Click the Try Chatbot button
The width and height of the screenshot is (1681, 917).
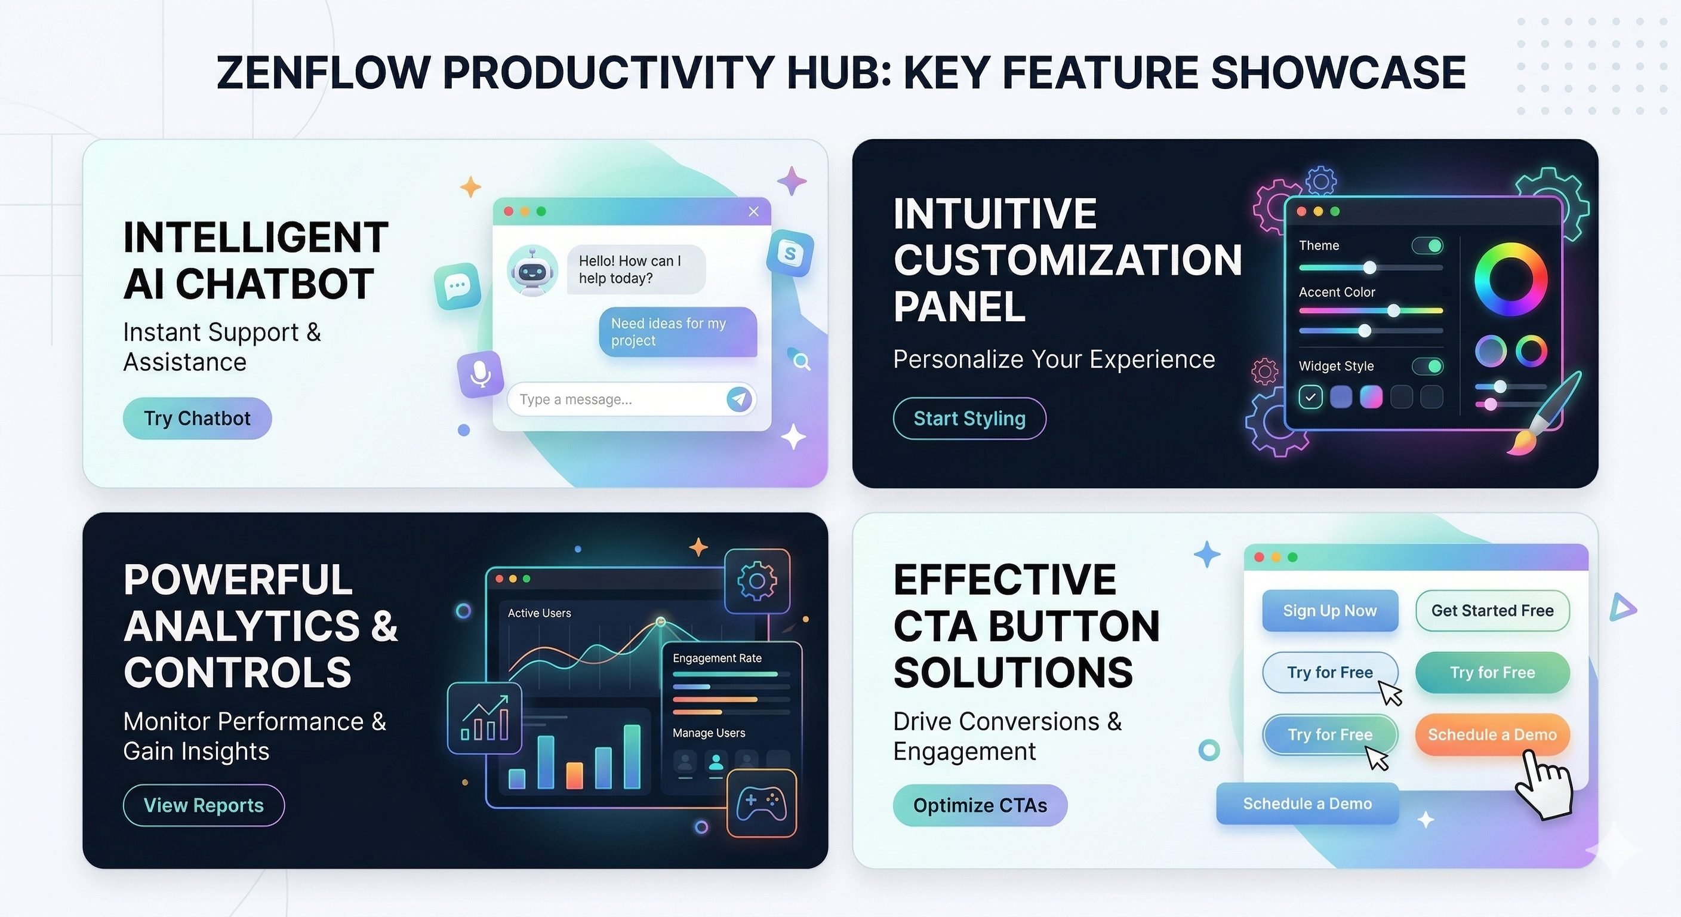tap(197, 419)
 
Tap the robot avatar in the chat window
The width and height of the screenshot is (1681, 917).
tap(532, 271)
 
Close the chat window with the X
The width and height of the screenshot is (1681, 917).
tap(754, 211)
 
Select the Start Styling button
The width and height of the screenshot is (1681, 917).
tap(969, 419)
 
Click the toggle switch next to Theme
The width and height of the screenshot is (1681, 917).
tap(1427, 245)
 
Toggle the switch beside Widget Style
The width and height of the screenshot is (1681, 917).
tap(1427, 366)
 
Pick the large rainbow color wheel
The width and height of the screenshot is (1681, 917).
tap(1511, 279)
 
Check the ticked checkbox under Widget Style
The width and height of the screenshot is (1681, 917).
tap(1310, 397)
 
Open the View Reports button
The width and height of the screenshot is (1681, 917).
tap(204, 805)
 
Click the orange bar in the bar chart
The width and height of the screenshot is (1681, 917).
tap(574, 776)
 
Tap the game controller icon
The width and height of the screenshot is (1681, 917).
tap(762, 804)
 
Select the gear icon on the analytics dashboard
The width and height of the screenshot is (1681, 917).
tap(757, 581)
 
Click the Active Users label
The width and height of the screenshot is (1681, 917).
tap(539, 613)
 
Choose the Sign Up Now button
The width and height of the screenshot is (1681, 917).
tap(1330, 611)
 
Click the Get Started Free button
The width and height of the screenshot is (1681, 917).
tap(1492, 611)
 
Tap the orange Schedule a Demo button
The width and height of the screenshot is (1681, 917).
tap(1492, 735)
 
